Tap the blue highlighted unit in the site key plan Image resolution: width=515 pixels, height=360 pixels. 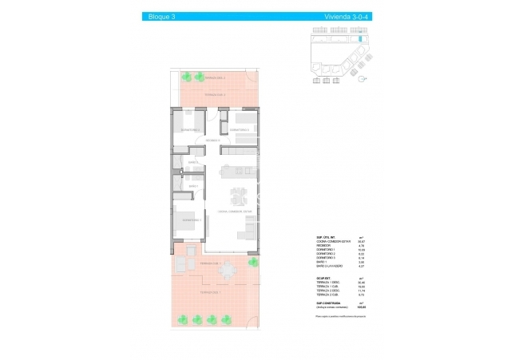pyautogui.click(x=360, y=38)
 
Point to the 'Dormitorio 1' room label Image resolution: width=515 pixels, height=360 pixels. pyautogui.click(x=191, y=220)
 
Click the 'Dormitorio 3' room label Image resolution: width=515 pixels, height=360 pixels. pyautogui.click(x=240, y=129)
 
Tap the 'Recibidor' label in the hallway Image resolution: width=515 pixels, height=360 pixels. pyautogui.click(x=212, y=140)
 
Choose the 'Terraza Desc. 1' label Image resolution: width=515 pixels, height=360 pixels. pyautogui.click(x=210, y=292)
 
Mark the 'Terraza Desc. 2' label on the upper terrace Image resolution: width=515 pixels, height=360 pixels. pyautogui.click(x=214, y=78)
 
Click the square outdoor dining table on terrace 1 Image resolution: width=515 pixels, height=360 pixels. pyautogui.click(x=229, y=271)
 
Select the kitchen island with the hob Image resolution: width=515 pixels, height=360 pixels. pyautogui.click(x=238, y=169)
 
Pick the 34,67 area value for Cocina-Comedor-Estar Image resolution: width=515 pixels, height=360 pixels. pyautogui.click(x=361, y=242)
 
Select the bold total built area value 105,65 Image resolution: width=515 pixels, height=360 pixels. pyautogui.click(x=361, y=307)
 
